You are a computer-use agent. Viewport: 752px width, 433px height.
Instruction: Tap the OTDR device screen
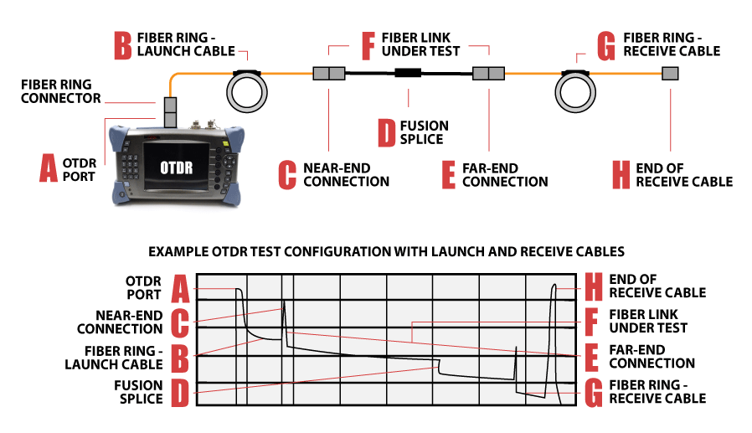click(177, 166)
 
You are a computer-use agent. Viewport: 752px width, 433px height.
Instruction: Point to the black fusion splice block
click(407, 74)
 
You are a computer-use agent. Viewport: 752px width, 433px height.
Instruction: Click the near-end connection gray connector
click(329, 74)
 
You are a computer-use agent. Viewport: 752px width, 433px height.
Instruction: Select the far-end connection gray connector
click(487, 74)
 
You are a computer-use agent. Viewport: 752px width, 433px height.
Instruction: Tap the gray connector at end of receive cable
click(670, 74)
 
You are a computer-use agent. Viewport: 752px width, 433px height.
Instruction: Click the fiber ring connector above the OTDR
click(170, 111)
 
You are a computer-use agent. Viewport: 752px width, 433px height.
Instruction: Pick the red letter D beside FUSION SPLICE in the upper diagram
click(386, 132)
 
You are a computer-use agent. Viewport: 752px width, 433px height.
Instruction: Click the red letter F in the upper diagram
click(366, 45)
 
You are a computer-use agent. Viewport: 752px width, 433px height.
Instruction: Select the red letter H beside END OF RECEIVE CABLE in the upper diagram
click(621, 174)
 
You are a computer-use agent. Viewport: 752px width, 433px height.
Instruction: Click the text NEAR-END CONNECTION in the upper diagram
click(346, 174)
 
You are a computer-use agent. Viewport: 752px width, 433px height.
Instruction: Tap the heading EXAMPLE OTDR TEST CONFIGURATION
click(386, 250)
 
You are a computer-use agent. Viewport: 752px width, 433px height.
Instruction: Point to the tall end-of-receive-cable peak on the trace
click(553, 289)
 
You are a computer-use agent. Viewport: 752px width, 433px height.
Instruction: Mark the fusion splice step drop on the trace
click(439, 365)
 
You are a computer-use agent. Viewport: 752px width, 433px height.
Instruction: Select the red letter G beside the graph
click(593, 392)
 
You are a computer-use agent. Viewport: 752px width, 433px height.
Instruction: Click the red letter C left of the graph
click(179, 322)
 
